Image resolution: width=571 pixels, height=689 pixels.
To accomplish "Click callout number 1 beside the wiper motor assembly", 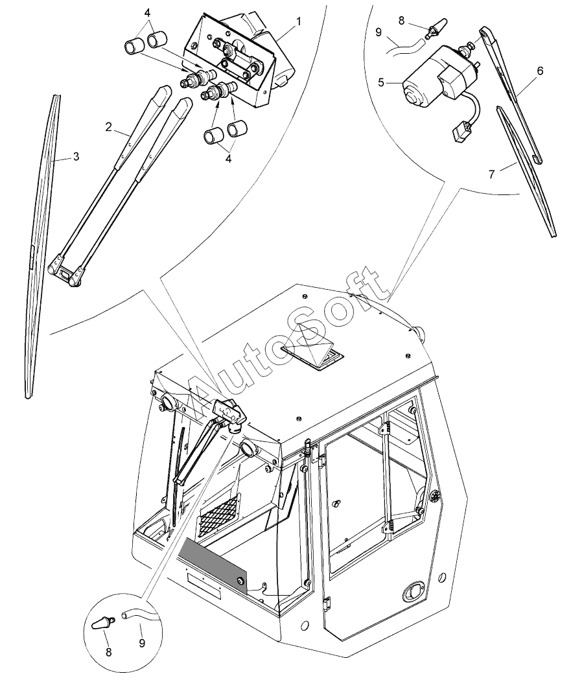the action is (299, 21).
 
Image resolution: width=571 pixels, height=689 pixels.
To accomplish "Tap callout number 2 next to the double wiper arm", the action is (108, 127).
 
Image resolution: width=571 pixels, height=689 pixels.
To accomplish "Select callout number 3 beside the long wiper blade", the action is (76, 156).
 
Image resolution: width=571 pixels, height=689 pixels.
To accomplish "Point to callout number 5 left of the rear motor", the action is (381, 82).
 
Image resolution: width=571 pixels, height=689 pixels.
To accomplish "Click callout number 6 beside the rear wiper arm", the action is (540, 71).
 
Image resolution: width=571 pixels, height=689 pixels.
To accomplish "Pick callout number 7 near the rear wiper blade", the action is (492, 174).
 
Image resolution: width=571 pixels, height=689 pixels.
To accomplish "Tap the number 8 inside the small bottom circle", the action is (108, 652).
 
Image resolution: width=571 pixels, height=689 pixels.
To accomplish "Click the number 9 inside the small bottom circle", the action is (142, 642).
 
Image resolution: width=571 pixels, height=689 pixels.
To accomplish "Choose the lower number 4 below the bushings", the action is (228, 159).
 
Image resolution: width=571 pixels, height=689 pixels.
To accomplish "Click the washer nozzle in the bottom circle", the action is (104, 623).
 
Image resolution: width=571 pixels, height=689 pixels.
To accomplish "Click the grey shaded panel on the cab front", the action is (212, 566).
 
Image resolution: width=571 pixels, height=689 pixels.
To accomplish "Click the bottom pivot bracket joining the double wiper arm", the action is (65, 272).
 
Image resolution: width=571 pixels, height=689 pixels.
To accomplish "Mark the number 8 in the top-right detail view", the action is (401, 20).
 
